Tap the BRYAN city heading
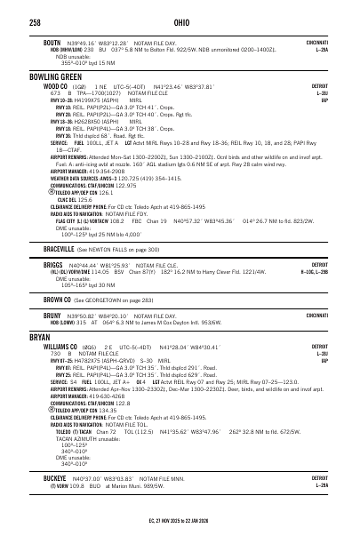[42, 339]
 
